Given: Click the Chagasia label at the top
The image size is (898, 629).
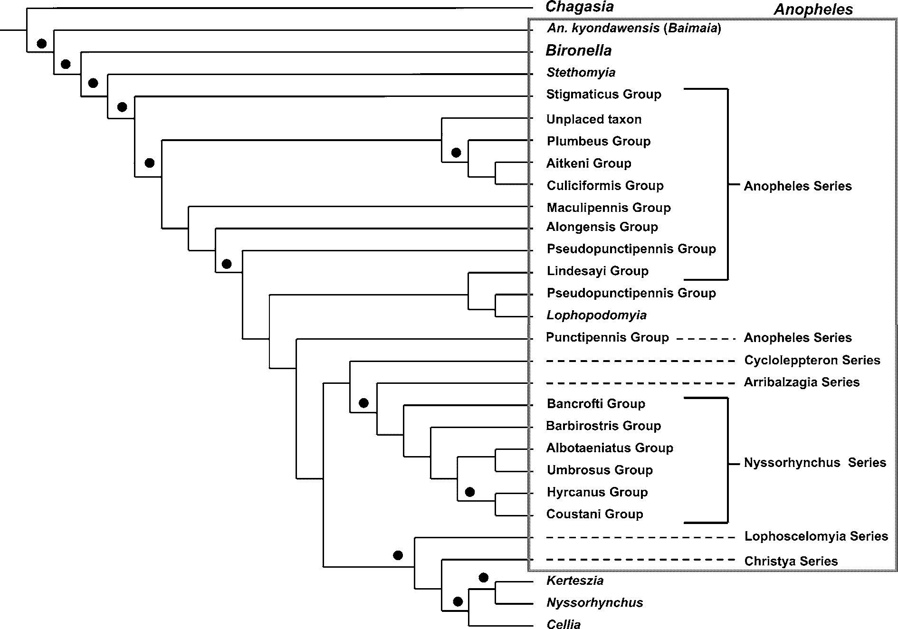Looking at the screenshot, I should coord(579,7).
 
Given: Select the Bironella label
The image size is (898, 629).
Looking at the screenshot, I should coord(578,50).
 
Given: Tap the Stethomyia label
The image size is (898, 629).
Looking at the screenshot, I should coord(581,72).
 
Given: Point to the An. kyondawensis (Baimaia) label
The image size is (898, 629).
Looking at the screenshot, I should coord(634,29).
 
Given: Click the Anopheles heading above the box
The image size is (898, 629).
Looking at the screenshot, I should coord(813,9).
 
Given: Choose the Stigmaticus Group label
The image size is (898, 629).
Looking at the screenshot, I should coord(603,94).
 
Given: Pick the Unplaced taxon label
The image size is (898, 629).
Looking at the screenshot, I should coord(594,119).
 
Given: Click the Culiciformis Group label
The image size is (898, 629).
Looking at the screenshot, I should coord(605,185).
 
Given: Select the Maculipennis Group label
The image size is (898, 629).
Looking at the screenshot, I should coord(609,208).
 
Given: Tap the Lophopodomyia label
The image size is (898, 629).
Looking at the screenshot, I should coord(596,315).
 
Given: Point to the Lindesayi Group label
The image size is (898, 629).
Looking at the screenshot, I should coord(597,271).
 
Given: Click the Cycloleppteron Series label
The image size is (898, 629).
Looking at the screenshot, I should coord(812,360).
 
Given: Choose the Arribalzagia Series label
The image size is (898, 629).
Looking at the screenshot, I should coord(802,382).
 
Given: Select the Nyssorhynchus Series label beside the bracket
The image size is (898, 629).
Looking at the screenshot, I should coord(815,462).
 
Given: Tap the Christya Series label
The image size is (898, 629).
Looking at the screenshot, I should coord(791,561).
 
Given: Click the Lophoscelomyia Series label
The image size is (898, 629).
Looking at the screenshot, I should coord(816,536).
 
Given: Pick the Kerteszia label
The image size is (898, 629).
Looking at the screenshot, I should coord(575,581).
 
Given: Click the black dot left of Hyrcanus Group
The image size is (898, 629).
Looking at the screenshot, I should coord(470,492).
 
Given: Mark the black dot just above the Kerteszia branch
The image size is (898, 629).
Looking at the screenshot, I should coord(484,578).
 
